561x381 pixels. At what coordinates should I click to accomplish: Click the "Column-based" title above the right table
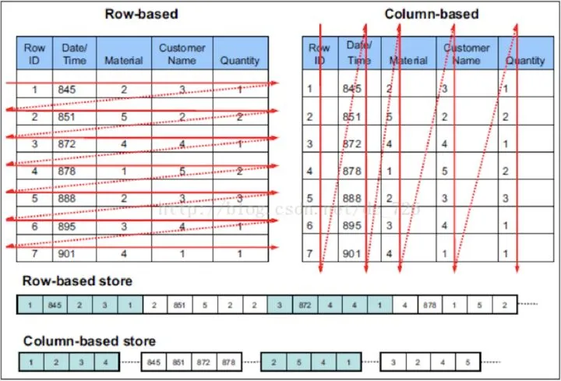(431, 14)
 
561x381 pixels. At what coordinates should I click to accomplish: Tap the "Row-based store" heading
(77, 280)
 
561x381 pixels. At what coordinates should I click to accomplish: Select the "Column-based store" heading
(89, 340)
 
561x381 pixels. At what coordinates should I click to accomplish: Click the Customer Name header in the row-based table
(182, 53)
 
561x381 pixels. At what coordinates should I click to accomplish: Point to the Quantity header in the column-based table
(524, 60)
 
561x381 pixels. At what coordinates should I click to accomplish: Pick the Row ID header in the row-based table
(34, 53)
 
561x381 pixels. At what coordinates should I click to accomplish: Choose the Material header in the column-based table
(408, 60)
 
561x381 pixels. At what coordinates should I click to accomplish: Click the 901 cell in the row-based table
(69, 253)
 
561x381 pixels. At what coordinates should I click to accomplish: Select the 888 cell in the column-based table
(352, 198)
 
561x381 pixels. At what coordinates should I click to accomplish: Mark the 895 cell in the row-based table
(69, 226)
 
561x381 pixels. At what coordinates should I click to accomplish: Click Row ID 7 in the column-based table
(309, 253)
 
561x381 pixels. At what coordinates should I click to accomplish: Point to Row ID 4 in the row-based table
(34, 171)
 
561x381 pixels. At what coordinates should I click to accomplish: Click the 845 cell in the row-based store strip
(54, 305)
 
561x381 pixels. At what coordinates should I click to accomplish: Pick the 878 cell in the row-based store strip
(430, 305)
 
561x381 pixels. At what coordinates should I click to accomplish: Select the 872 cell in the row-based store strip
(305, 305)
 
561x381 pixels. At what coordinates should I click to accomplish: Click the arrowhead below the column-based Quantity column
(517, 269)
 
